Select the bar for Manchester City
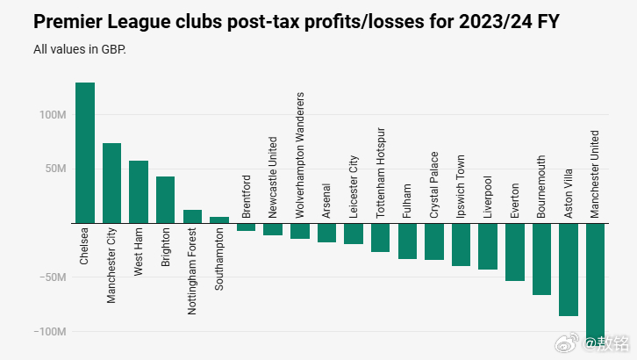click(x=112, y=183)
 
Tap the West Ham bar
click(x=139, y=191)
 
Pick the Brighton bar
click(x=166, y=199)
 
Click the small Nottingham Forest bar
click(x=192, y=216)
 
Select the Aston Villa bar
click(x=569, y=269)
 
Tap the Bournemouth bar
click(x=541, y=259)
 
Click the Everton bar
click(x=515, y=252)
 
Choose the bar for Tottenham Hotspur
click(x=380, y=237)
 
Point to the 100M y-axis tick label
click(x=52, y=115)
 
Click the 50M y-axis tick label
click(x=54, y=169)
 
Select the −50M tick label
click(x=52, y=277)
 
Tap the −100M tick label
click(x=49, y=332)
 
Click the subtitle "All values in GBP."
click(x=80, y=49)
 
